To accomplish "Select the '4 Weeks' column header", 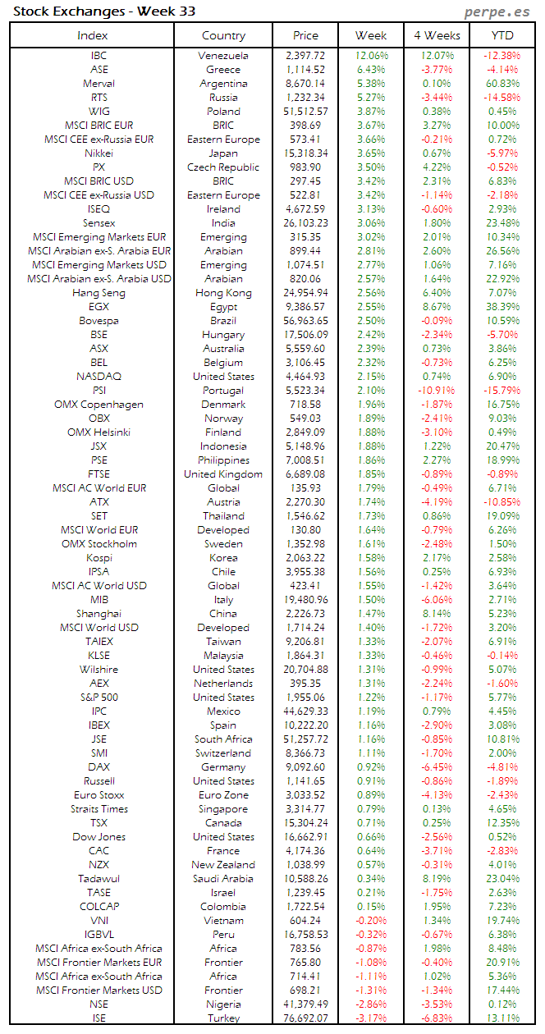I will pos(437,35).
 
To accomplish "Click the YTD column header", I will pos(502,35).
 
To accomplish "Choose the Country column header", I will pos(223,35).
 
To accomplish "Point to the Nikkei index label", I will pos(98,153).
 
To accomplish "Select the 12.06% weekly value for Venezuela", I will pos(371,56).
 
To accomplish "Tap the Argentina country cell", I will pos(223,84).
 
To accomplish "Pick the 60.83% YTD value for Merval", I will pos(502,84).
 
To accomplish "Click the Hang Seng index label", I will pos(98,293).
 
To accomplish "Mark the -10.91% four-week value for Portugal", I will pos(437,391).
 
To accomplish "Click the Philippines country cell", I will pos(223,460).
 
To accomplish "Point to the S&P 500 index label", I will pos(98,698).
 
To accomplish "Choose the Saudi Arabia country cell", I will pos(223,879).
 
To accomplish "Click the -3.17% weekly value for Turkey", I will pos(371,1018).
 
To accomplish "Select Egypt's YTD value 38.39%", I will pos(502,307).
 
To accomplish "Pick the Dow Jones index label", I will pos(98,837).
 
